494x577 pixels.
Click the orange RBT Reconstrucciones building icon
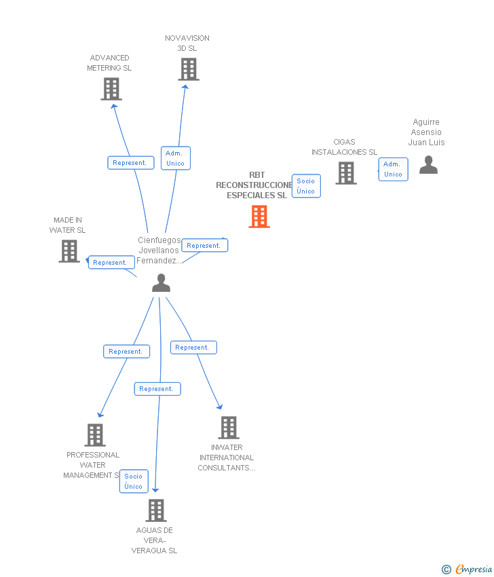(259, 217)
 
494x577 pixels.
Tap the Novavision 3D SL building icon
(189, 69)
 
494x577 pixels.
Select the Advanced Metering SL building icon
(111, 89)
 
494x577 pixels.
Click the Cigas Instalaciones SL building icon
(346, 173)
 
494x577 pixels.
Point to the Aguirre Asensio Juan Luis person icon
(428, 165)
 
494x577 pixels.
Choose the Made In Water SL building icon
(69, 251)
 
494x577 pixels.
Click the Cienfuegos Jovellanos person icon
(161, 283)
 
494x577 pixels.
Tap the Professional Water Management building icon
(95, 435)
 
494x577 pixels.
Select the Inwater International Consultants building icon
(229, 428)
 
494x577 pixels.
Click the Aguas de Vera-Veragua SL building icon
(156, 510)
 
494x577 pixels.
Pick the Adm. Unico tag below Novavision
(175, 158)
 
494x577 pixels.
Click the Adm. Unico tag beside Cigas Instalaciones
(393, 169)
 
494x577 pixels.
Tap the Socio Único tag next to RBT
(306, 186)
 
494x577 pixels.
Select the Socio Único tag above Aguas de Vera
(134, 481)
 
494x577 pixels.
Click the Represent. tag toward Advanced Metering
(129, 163)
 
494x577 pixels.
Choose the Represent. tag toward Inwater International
(193, 348)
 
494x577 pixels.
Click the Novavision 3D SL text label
(187, 43)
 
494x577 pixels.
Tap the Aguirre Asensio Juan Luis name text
(426, 132)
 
